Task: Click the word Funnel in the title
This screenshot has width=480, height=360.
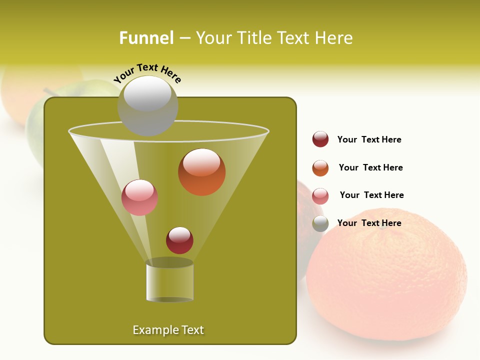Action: pyautogui.click(x=146, y=38)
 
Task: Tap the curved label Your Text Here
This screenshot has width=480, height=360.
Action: pyautogui.click(x=147, y=73)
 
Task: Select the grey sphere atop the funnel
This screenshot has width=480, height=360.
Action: pyautogui.click(x=148, y=105)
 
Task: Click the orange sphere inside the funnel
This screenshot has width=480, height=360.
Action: pyautogui.click(x=201, y=172)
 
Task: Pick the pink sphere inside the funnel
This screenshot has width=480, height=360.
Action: pyautogui.click(x=139, y=197)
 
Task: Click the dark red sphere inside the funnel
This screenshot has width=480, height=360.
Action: pyautogui.click(x=179, y=240)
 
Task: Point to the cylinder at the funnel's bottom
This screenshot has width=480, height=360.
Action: pyautogui.click(x=170, y=281)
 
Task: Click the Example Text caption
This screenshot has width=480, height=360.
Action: pyautogui.click(x=168, y=330)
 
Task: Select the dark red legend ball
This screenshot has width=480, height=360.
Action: pyautogui.click(x=320, y=139)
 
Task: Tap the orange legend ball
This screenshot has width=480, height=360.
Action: pyautogui.click(x=320, y=168)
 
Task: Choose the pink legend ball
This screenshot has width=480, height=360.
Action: pyautogui.click(x=320, y=196)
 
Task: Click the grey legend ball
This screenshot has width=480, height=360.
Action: pyautogui.click(x=320, y=223)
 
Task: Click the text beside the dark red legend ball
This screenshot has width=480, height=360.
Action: pyautogui.click(x=369, y=140)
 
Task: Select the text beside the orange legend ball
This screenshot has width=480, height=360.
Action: pyautogui.click(x=370, y=168)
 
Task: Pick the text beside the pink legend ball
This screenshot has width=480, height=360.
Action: pyautogui.click(x=371, y=195)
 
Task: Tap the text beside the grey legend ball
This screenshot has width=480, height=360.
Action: pyautogui.click(x=369, y=223)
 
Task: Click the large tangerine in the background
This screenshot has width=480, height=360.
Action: pyautogui.click(x=390, y=280)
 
